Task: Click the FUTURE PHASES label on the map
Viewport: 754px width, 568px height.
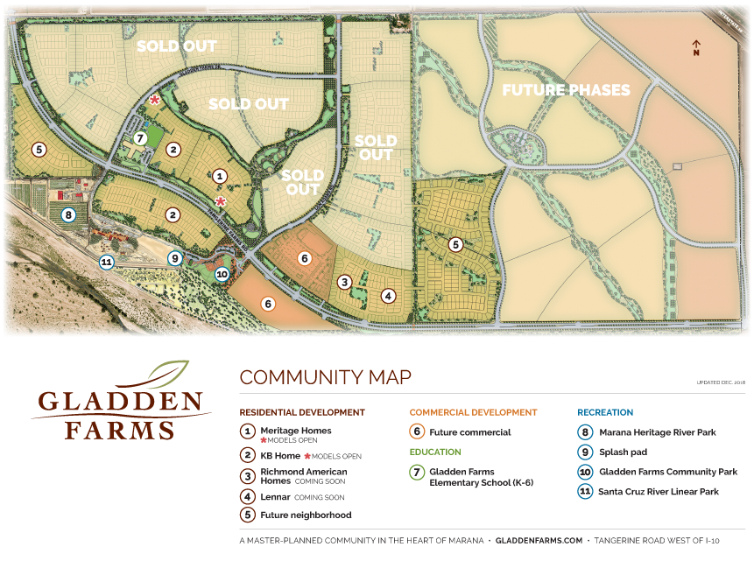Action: click(565, 90)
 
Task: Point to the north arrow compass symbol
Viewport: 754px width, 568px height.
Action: click(696, 47)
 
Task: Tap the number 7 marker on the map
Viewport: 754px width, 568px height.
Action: click(139, 138)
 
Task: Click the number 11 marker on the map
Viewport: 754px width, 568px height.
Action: click(106, 261)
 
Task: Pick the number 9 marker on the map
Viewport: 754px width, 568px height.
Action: click(175, 257)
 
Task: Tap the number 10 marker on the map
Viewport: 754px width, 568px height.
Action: click(222, 274)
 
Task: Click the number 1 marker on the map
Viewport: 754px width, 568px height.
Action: click(220, 176)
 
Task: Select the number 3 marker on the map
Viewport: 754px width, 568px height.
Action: click(345, 282)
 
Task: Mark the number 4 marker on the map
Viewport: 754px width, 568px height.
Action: click(388, 296)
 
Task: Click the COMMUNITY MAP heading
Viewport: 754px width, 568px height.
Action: click(325, 377)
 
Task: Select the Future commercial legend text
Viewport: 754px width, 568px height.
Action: click(469, 431)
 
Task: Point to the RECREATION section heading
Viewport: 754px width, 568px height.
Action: click(605, 412)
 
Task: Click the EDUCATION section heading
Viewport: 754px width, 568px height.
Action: click(434, 452)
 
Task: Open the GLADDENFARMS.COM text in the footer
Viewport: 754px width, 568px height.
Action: click(538, 541)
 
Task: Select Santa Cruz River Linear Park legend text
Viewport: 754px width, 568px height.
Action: click(659, 492)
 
